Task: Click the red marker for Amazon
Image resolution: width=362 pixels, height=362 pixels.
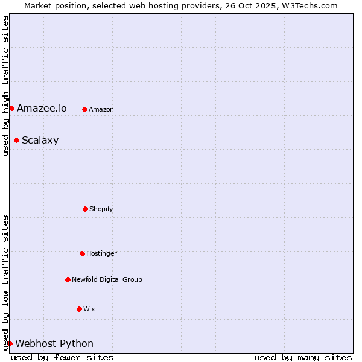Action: click(84, 109)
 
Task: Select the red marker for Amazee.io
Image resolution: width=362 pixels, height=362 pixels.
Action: click(11, 108)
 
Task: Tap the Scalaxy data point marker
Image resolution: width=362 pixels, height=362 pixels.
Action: click(16, 141)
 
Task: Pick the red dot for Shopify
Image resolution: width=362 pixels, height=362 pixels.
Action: click(85, 209)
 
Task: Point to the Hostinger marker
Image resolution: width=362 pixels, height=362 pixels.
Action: click(82, 253)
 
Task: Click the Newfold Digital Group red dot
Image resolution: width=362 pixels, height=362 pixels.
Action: click(68, 279)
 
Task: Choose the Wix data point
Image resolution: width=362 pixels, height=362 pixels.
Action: click(79, 309)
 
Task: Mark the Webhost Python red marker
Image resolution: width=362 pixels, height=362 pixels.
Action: click(10, 343)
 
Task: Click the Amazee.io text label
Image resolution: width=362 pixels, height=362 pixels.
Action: click(42, 109)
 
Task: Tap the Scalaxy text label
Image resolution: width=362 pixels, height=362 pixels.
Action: click(40, 141)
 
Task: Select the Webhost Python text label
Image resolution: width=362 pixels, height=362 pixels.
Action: click(54, 344)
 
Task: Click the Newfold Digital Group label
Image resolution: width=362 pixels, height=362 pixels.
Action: click(107, 279)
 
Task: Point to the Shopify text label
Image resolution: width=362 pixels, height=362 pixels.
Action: click(101, 209)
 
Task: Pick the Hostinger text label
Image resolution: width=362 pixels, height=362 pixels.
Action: click(101, 253)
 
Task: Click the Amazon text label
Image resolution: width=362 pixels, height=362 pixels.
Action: click(101, 109)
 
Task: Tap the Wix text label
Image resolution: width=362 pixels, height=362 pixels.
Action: click(89, 309)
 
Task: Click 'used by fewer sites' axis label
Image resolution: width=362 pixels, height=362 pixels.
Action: click(62, 357)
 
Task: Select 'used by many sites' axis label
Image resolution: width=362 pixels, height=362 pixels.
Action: click(303, 357)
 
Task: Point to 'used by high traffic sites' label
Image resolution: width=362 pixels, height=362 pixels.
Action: click(5, 86)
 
